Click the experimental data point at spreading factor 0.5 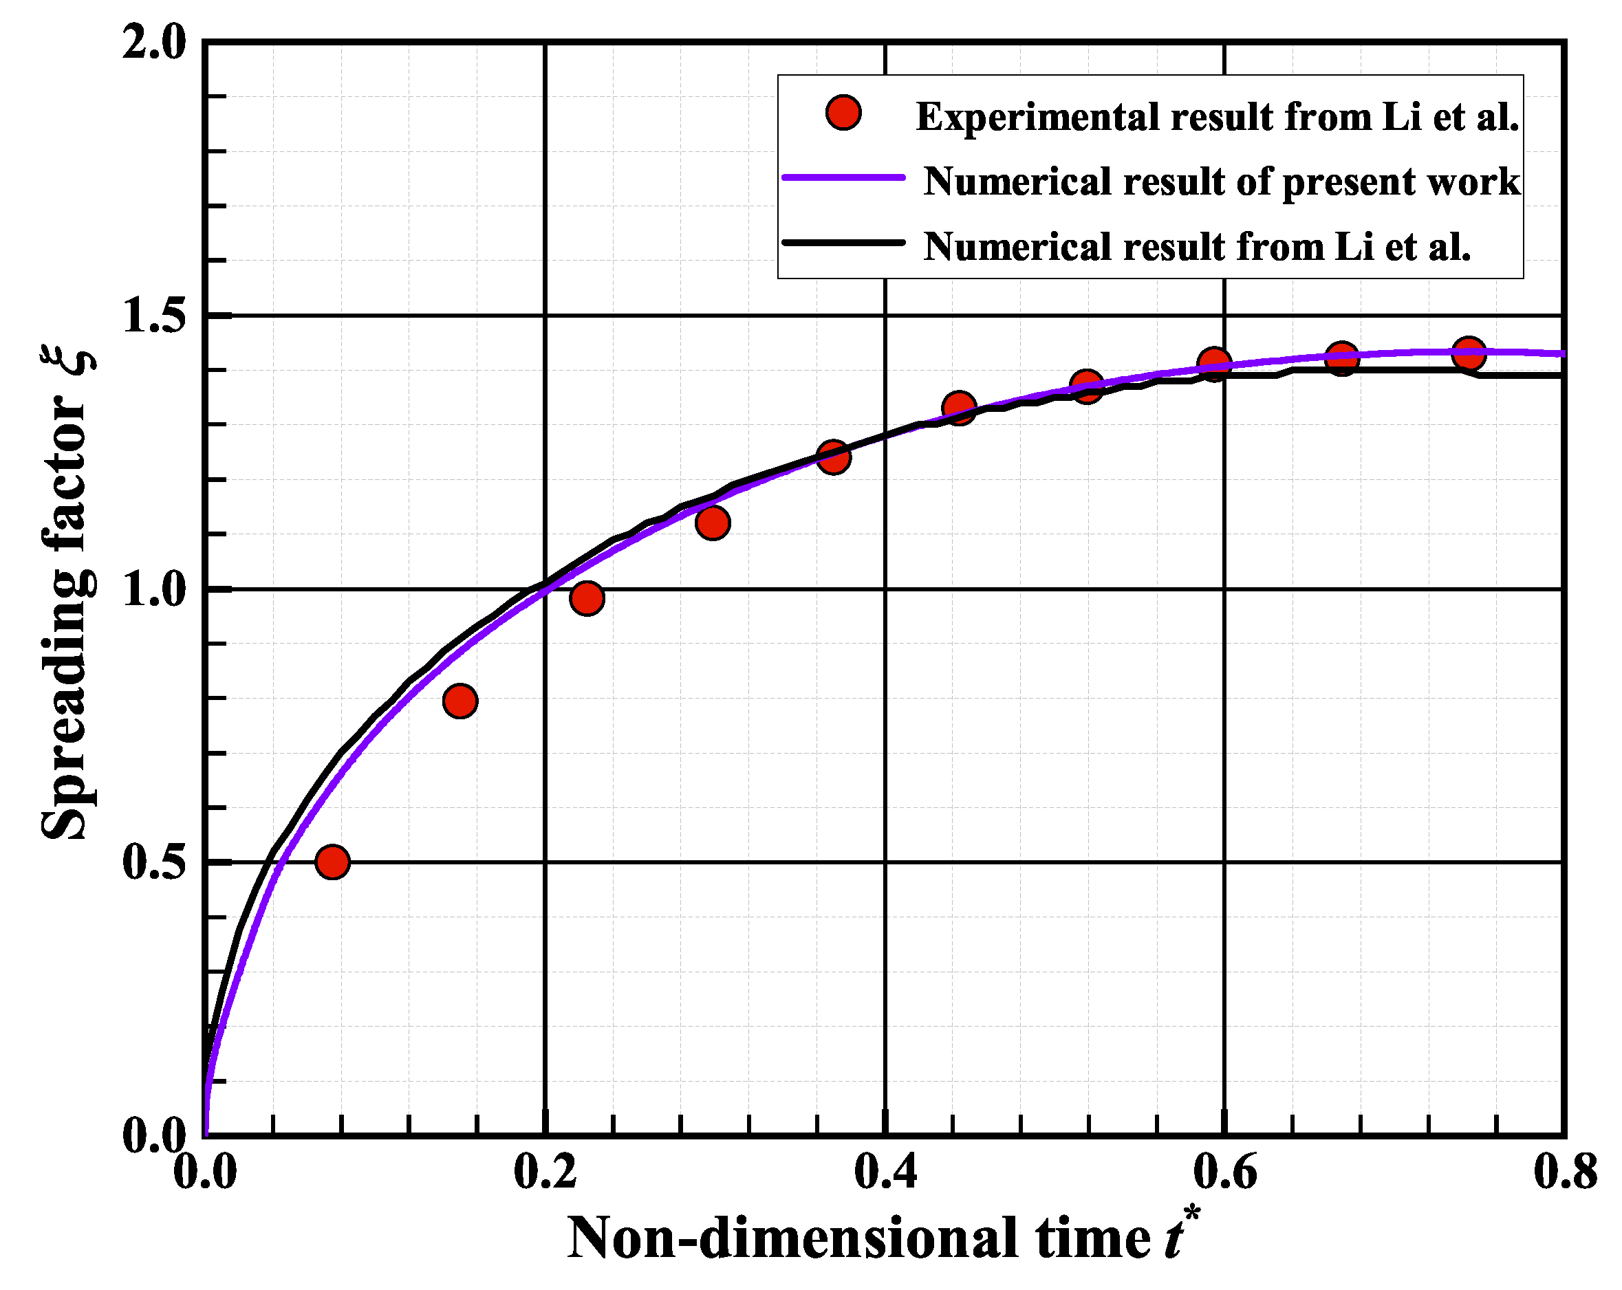click(332, 861)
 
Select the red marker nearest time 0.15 click(459, 701)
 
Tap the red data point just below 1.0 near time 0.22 click(587, 598)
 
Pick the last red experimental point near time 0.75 click(1469, 352)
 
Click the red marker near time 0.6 click(1213, 364)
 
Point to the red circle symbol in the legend click(843, 113)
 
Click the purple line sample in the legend click(843, 177)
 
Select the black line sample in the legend click(843, 242)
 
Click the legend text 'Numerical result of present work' click(1222, 182)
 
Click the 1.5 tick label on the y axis click(153, 315)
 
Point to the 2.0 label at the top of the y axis click(153, 43)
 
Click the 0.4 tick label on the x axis click(885, 1172)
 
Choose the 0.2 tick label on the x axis click(545, 1172)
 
